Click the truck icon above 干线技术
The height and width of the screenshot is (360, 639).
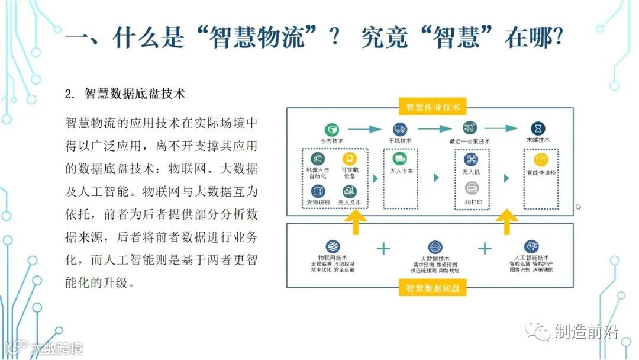pos(399,128)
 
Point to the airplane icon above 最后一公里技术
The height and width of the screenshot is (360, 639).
pos(470,128)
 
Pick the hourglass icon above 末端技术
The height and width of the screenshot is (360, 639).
pos(538,128)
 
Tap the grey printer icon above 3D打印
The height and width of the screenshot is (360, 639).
pos(472,188)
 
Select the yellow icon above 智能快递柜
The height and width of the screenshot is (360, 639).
pos(540,160)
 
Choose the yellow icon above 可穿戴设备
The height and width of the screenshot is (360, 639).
pos(349,159)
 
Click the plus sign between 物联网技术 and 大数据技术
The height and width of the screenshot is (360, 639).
pos(383,248)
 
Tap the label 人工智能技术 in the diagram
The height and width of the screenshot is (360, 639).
pos(532,258)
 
